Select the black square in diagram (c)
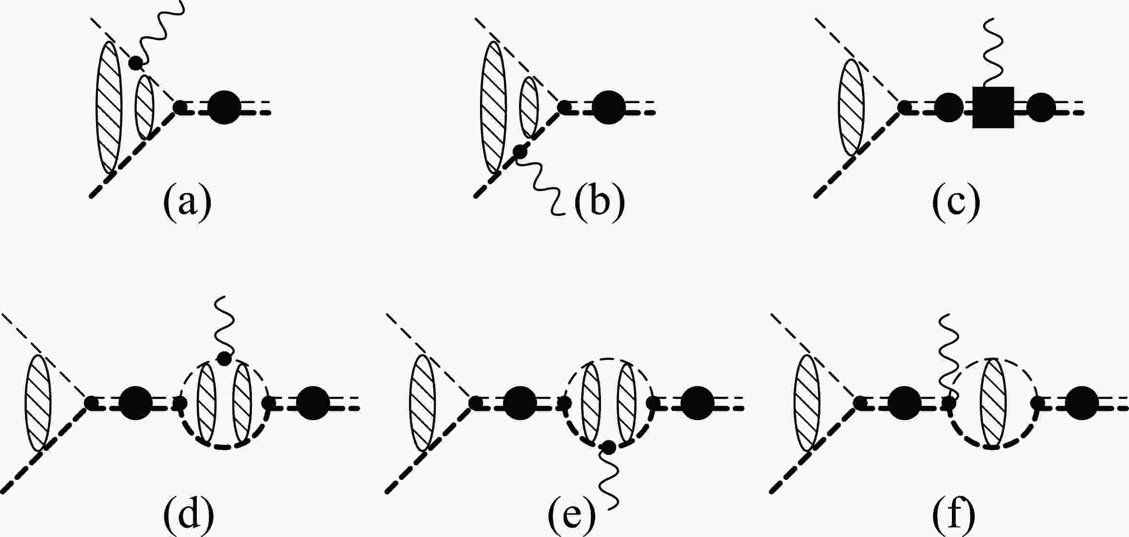click(x=993, y=107)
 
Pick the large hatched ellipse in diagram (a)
click(x=109, y=107)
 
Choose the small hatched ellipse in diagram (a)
click(x=145, y=107)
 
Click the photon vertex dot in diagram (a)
click(x=136, y=62)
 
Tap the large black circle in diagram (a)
click(x=225, y=107)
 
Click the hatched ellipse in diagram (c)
click(x=851, y=107)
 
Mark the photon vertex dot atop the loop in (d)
click(x=225, y=358)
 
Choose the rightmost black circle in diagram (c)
click(x=1041, y=107)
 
